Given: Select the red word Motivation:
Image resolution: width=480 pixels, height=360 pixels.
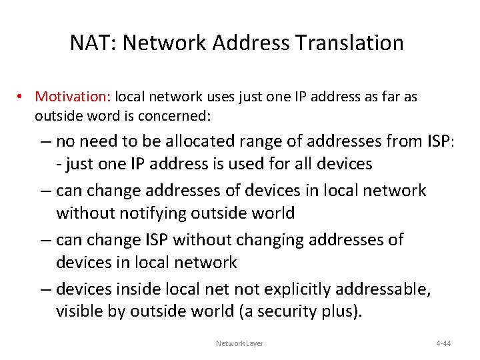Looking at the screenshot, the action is (x=73, y=97).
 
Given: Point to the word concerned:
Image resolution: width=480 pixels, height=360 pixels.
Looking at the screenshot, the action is (x=174, y=116).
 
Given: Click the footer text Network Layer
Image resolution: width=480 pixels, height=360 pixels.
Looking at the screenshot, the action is (x=239, y=343).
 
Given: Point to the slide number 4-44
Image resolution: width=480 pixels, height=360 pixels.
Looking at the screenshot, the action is (x=443, y=343).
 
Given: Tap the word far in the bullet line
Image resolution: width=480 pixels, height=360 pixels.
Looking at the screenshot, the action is (x=391, y=97).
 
